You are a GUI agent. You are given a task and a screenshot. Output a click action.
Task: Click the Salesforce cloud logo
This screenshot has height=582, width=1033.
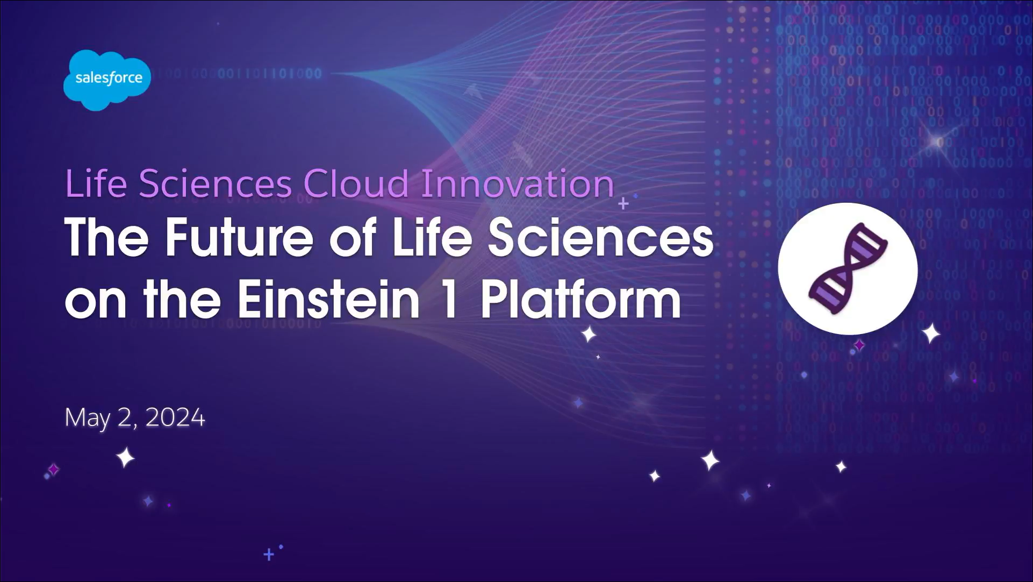[107, 80]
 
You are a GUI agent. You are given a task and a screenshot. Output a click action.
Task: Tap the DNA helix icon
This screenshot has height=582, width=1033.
[848, 268]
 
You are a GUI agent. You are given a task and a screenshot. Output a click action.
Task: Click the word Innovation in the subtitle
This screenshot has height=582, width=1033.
[517, 184]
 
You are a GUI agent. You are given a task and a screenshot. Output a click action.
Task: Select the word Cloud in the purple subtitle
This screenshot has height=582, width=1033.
[356, 184]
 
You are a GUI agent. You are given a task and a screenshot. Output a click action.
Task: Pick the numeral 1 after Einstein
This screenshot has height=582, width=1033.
[449, 300]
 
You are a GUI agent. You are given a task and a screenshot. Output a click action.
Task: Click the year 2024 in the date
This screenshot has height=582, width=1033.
[175, 417]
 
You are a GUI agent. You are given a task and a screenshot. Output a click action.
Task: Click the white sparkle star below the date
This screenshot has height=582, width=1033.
[126, 458]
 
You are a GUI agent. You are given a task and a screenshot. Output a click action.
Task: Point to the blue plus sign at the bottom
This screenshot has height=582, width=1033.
[269, 554]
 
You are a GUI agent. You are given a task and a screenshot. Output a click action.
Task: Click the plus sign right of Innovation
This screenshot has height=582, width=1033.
[623, 204]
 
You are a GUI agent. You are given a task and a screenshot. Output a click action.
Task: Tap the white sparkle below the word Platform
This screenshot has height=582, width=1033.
[589, 334]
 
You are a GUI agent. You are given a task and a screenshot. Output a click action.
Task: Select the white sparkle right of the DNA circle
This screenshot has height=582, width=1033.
[931, 333]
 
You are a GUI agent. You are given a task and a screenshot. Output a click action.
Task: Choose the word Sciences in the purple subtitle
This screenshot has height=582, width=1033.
[216, 184]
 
